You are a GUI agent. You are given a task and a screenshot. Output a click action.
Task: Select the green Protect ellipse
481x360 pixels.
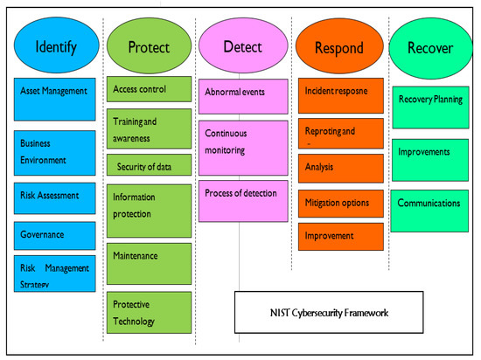pos(149,47)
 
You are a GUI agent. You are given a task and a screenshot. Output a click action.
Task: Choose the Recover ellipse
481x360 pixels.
pos(430,47)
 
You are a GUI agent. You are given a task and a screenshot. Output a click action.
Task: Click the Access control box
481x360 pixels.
pos(149,88)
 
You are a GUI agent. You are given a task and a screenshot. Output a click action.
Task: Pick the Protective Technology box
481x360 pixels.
pos(149,312)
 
